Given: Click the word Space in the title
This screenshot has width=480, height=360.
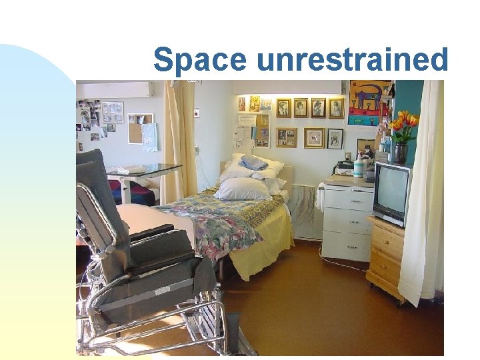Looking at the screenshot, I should (x=201, y=61).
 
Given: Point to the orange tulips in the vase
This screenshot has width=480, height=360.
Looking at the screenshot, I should (x=403, y=124).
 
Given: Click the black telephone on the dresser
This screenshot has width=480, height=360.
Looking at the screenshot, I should (x=345, y=165).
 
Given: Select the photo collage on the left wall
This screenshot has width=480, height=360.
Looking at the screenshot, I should (x=97, y=119).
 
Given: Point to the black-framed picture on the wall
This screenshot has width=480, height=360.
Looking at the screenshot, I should (x=335, y=139).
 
